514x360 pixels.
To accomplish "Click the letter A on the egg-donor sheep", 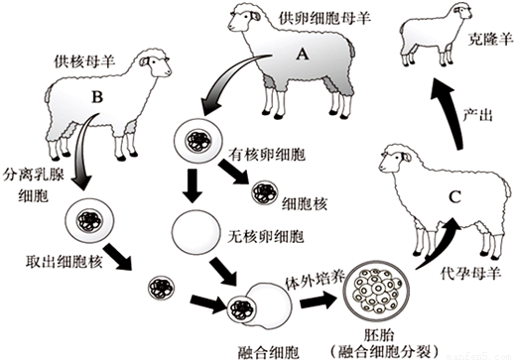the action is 302,54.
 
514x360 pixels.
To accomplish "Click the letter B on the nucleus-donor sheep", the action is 97,97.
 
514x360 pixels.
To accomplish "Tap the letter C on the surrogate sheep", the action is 454,197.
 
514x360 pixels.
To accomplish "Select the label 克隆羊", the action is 490,41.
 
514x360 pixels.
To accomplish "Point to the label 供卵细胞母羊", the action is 324,18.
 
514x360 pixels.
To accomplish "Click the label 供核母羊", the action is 84,61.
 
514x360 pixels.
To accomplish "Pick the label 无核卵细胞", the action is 266,236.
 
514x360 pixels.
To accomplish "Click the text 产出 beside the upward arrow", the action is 477,115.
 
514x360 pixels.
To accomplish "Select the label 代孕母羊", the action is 470,273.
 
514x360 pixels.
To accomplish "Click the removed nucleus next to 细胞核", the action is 265,192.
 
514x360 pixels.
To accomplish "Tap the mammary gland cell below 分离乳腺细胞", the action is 90,220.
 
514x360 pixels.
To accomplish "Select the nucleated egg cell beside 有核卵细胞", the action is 198,140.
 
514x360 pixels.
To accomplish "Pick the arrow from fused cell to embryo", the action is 318,300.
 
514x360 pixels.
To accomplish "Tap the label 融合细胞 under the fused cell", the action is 269,352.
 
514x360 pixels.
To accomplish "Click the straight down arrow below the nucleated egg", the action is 193,185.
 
